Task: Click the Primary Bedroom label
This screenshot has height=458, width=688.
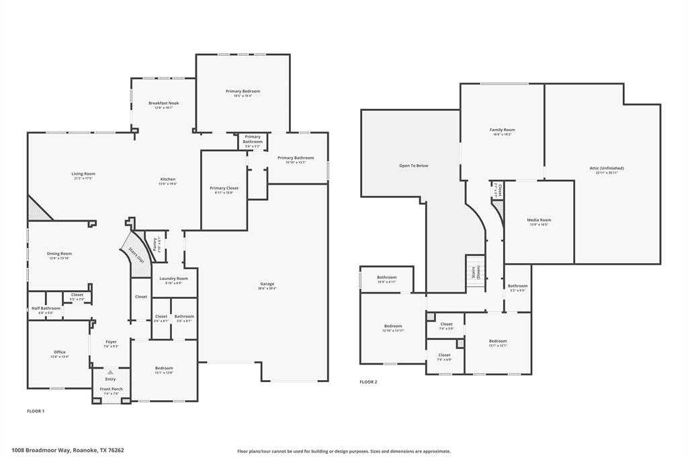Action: coord(243,91)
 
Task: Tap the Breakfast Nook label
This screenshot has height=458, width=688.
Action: coord(163,103)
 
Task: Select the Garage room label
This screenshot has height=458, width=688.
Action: coord(267,284)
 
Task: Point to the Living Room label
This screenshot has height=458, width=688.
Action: coord(83,174)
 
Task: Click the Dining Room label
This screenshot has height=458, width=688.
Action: coord(59,254)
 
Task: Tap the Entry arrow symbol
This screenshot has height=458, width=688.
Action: coord(110,371)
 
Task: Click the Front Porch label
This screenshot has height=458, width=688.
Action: coord(111,390)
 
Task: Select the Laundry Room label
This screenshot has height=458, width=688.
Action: coord(173,279)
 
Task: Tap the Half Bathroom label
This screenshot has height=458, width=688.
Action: coord(46,308)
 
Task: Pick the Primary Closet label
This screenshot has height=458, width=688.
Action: coord(224,189)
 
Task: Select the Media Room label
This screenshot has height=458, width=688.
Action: coord(539,220)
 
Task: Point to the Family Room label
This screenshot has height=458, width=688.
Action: coord(502,130)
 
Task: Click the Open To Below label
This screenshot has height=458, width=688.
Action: coord(413,165)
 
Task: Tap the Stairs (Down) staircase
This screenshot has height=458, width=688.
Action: coord(475,272)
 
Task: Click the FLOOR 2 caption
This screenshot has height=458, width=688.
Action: coord(368,381)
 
